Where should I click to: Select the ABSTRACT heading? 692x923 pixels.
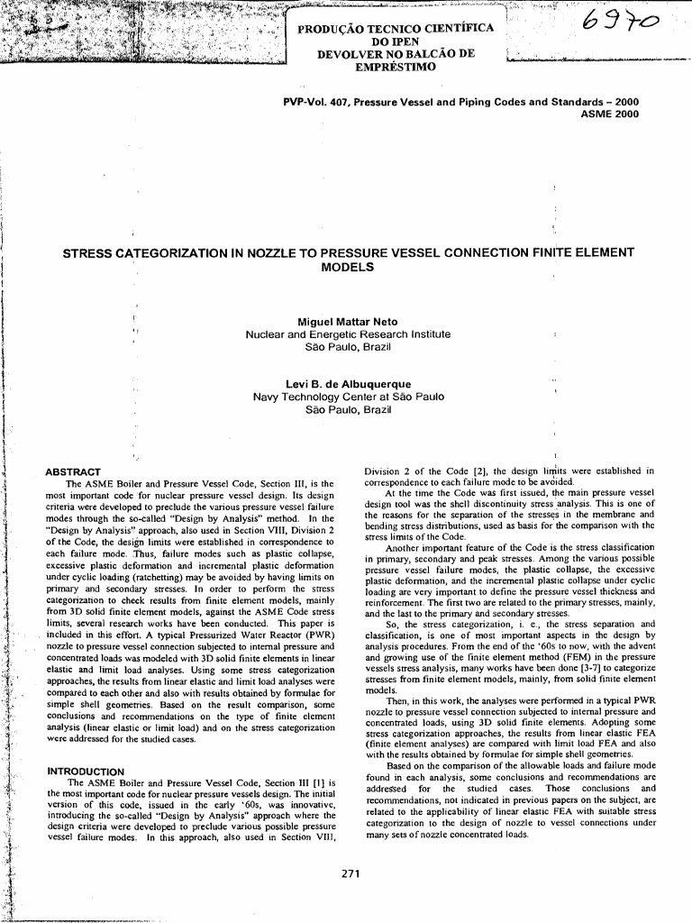coord(73,472)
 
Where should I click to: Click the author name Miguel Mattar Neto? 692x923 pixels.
coord(347,322)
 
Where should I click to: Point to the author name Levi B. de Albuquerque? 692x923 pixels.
coord(348,384)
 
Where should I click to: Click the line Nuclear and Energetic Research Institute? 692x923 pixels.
coord(348,334)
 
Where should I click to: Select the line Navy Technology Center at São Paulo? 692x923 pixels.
coord(348,397)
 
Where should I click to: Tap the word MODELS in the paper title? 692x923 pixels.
coord(348,268)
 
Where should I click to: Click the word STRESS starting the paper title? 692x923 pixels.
coord(88,253)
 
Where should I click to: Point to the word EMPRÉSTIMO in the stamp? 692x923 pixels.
coord(396,67)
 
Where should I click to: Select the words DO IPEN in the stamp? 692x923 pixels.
coord(396,41)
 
